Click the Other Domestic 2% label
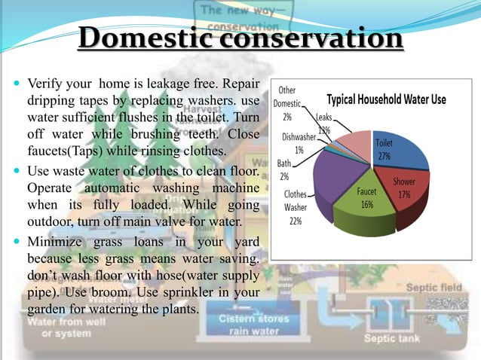point(286,103)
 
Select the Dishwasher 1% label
point(299,143)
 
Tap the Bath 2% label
point(284,169)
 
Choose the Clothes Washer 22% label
point(295,207)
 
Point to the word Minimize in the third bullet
point(57,242)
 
